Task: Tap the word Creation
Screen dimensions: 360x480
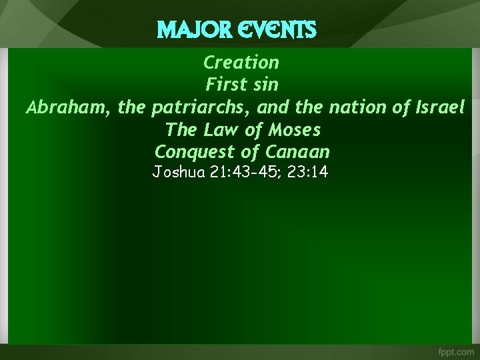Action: pyautogui.click(x=241, y=63)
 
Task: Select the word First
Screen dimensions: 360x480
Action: pyautogui.click(x=223, y=85)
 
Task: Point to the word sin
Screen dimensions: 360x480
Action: pyautogui.click(x=265, y=85)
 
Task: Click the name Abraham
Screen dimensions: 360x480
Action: pyautogui.click(x=62, y=107)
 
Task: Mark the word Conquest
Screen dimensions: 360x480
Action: pyautogui.click(x=186, y=152)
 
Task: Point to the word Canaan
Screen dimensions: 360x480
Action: pyautogui.click(x=301, y=151)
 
